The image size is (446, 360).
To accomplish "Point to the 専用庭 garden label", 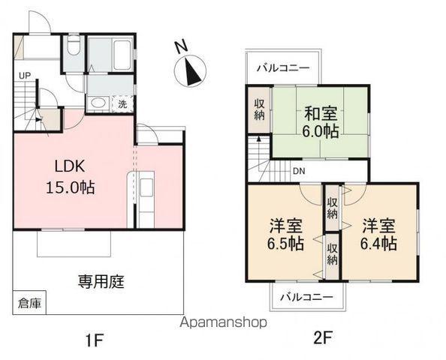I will point(101,283).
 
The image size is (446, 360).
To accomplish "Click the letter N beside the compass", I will point(181,46).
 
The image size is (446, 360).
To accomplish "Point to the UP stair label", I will point(25,75).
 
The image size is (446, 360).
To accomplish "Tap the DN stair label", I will point(300,171).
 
